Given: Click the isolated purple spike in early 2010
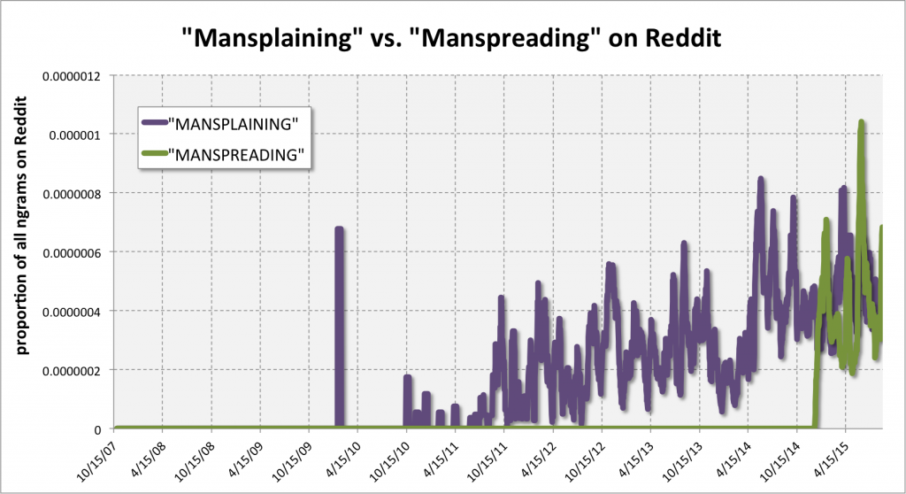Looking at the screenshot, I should pos(339,229).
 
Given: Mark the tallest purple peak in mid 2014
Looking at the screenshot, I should pos(761,180).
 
